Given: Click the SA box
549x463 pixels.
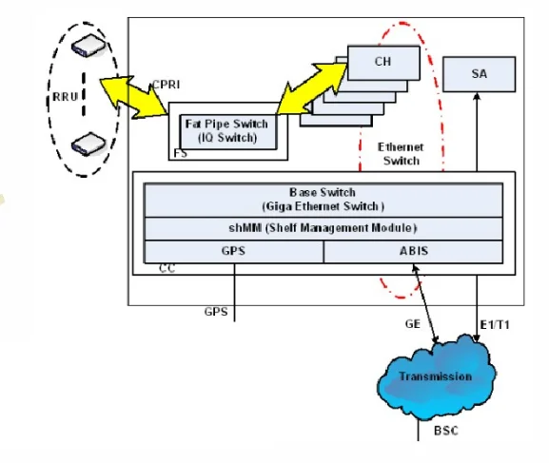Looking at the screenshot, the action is (479, 74).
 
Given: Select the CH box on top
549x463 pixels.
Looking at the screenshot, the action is (383, 63).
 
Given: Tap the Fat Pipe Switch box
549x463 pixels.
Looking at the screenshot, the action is (228, 131).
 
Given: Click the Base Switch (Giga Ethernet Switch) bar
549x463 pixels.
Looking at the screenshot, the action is (324, 201).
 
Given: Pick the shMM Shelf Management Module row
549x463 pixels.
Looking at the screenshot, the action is (324, 228).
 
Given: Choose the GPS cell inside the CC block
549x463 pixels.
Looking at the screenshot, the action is (234, 251).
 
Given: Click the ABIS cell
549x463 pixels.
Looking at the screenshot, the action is (414, 251).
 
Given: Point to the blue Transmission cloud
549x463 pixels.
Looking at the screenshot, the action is (436, 376).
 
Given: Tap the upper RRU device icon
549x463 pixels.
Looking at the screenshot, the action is (88, 45).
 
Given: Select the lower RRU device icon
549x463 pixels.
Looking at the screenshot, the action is (88, 144).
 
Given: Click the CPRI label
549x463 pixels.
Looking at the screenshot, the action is (167, 85).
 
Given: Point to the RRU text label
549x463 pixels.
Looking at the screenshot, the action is (65, 97).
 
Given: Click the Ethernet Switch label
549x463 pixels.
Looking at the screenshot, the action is (401, 154).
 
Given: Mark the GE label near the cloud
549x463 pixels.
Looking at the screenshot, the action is (412, 324).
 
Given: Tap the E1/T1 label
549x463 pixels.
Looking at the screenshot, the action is (495, 325).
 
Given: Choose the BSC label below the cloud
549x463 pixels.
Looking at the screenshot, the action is (446, 431).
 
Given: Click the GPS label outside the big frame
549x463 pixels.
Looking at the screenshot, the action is (216, 312).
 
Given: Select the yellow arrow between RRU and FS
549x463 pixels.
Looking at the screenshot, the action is (133, 97).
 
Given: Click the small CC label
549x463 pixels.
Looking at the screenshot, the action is (167, 268).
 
